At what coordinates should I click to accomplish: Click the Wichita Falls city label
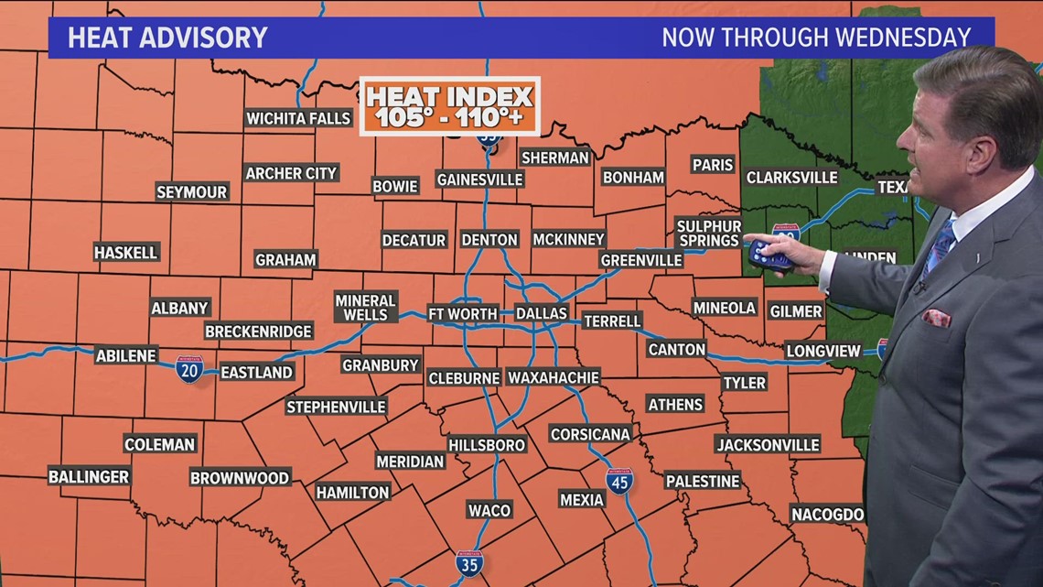point(298,118)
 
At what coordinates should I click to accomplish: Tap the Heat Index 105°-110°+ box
point(449,106)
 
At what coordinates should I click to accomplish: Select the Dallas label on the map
point(542,313)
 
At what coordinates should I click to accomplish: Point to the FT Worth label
point(463,313)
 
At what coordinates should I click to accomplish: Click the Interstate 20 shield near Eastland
point(189,369)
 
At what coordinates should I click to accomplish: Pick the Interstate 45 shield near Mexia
point(619,481)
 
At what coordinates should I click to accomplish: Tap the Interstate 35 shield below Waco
point(469,562)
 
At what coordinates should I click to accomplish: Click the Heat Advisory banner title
point(167,38)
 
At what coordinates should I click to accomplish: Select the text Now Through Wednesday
point(815,38)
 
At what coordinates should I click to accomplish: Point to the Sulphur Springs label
point(708,233)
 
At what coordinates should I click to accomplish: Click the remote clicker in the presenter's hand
point(769,255)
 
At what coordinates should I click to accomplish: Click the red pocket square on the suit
point(935,318)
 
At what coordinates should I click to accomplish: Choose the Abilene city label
point(126,355)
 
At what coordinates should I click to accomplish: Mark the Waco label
point(489,509)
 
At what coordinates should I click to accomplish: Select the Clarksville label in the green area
point(791,178)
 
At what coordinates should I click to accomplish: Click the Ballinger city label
point(89,476)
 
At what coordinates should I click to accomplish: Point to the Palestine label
point(702,481)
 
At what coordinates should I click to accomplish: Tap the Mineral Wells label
point(365,307)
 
